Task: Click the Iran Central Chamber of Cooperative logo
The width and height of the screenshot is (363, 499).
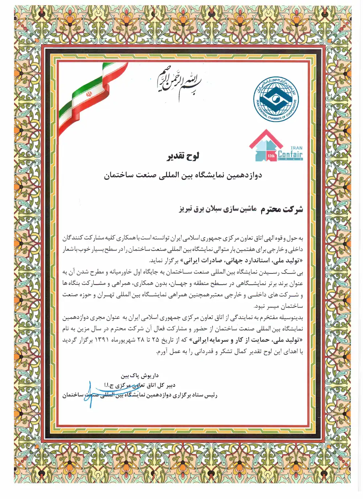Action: pyautogui.click(x=276, y=99)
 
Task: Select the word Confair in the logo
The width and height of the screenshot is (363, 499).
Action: pyautogui.click(x=290, y=155)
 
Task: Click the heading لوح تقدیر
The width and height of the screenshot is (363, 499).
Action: pyautogui.click(x=183, y=156)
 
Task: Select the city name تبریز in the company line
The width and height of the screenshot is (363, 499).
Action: pyautogui.click(x=187, y=209)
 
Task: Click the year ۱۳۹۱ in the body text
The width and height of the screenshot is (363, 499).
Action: pyautogui.click(x=107, y=340)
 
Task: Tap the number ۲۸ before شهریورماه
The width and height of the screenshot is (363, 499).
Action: pyautogui.click(x=141, y=340)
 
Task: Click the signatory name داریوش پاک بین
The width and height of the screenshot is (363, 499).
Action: pyautogui.click(x=140, y=376)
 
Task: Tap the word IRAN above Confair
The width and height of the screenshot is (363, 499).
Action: pyautogui.click(x=297, y=148)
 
